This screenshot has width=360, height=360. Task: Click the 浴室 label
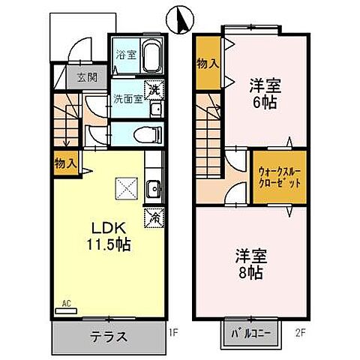(x=124, y=55)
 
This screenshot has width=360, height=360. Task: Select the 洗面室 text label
(x=127, y=98)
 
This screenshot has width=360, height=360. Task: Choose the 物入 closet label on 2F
(x=208, y=64)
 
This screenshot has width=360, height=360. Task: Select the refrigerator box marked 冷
(x=154, y=217)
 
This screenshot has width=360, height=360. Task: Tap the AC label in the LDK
(x=66, y=304)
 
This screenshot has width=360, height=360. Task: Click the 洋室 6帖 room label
(x=262, y=93)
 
